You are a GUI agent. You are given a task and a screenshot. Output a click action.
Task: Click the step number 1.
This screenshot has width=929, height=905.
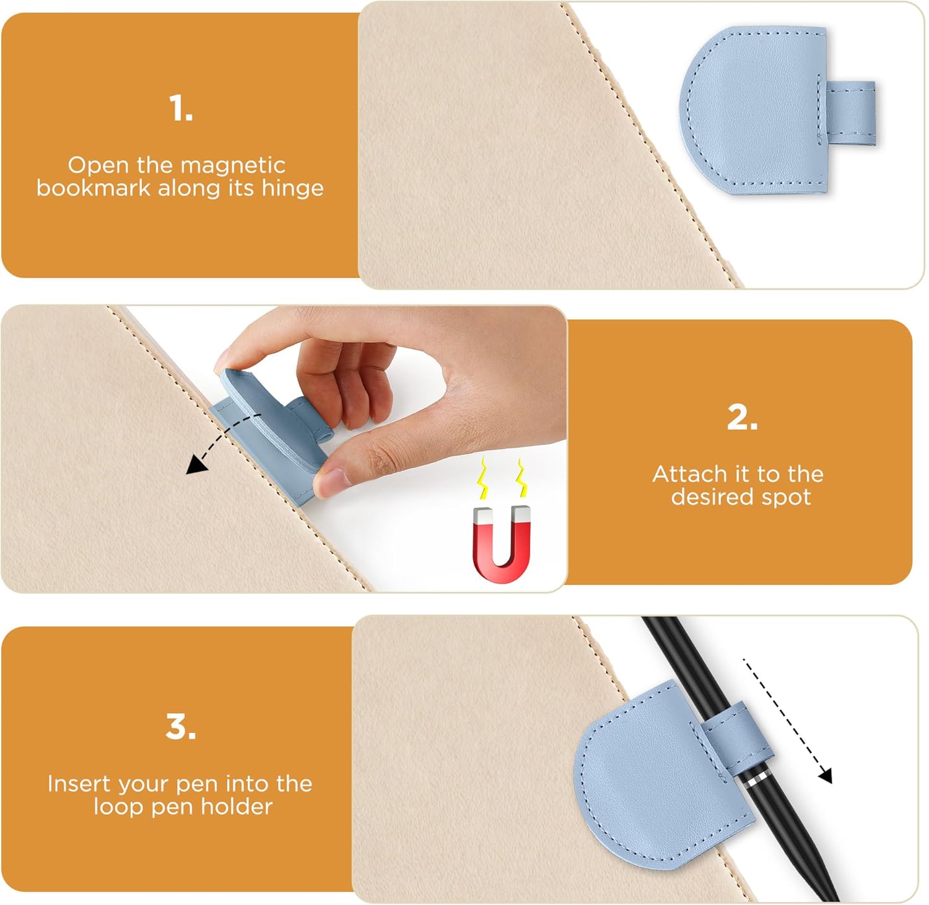pyautogui.click(x=181, y=108)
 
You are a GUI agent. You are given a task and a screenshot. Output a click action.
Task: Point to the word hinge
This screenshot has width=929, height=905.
pyautogui.click(x=292, y=188)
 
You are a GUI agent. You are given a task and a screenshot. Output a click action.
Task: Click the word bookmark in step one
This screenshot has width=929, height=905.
pyautogui.click(x=94, y=188)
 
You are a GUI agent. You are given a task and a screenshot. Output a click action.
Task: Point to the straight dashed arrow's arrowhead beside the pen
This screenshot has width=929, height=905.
pyautogui.click(x=825, y=776)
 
